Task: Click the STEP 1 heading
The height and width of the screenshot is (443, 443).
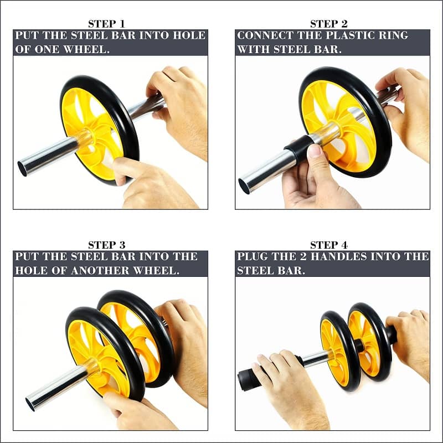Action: pyautogui.click(x=106, y=24)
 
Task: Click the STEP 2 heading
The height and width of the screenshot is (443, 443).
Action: pyautogui.click(x=328, y=24)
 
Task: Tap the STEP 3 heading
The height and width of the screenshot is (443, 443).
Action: pyautogui.click(x=106, y=245)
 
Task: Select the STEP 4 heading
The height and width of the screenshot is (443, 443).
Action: pyautogui.click(x=328, y=245)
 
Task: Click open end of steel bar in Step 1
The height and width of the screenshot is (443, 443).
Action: pyautogui.click(x=22, y=169)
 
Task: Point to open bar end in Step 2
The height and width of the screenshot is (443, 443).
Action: pyautogui.click(x=244, y=187)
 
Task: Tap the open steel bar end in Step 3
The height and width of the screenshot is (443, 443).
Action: pyautogui.click(x=30, y=404)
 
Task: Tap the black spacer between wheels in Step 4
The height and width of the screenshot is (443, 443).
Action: pyautogui.click(x=359, y=345)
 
